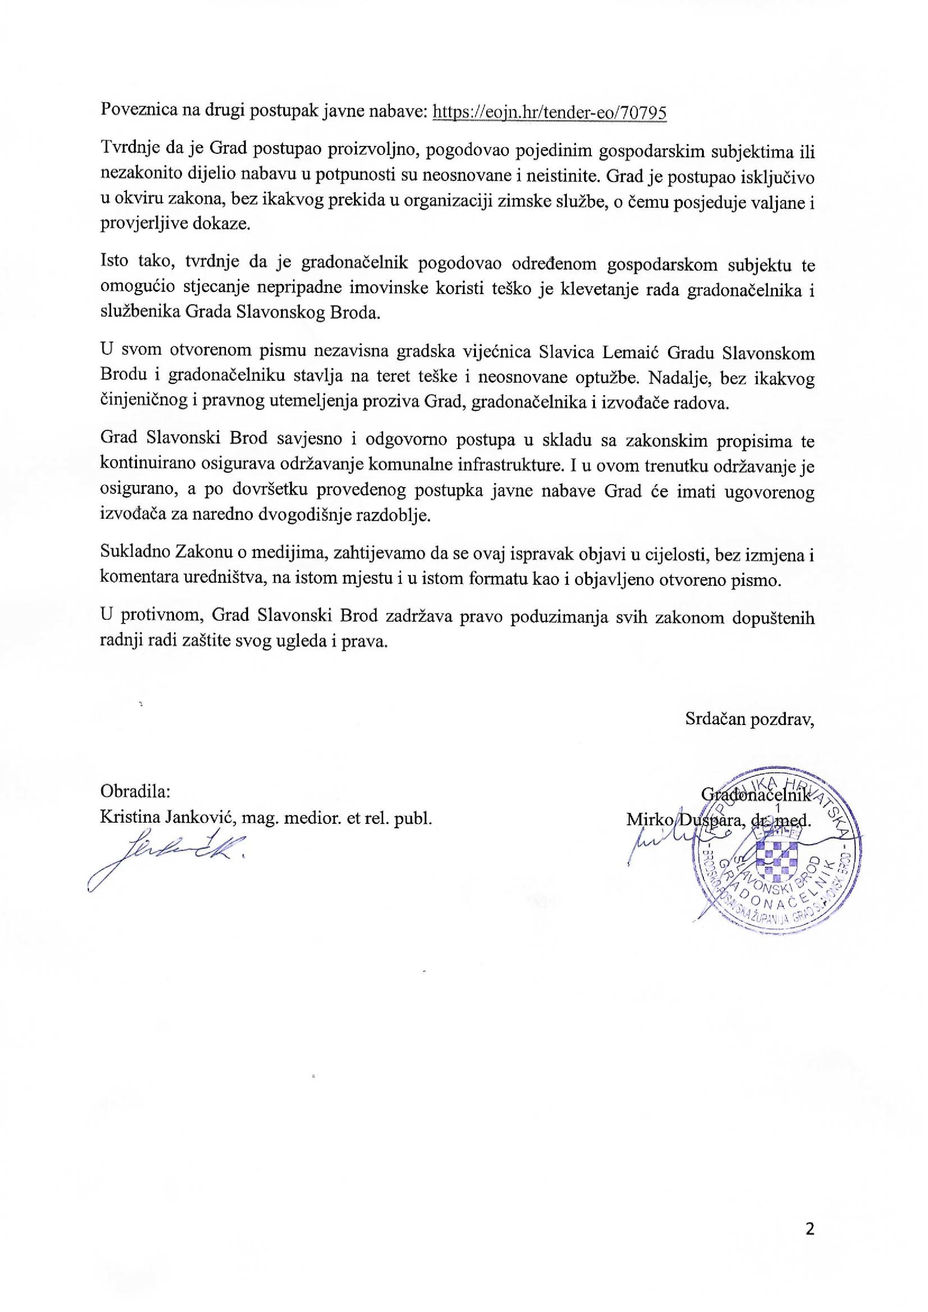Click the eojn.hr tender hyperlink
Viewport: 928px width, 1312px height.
tap(550, 112)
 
